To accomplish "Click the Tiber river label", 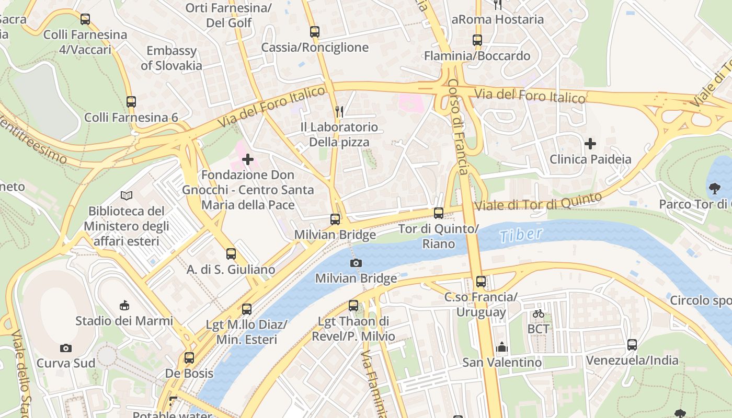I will [x=521, y=235].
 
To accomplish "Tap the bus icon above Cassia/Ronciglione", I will [x=314, y=31].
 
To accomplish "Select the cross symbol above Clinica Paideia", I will [x=590, y=143].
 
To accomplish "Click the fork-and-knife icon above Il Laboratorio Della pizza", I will [x=339, y=111].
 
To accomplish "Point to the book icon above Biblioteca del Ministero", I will [x=126, y=195].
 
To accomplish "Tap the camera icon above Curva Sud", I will [x=66, y=348].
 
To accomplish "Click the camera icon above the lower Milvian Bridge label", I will [x=356, y=263].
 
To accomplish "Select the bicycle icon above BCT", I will [x=539, y=313].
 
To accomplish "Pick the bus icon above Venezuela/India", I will [x=632, y=344].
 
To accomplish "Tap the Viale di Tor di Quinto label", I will [x=538, y=202].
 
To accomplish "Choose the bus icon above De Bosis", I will [x=189, y=358].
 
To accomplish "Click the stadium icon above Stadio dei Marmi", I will [x=124, y=305].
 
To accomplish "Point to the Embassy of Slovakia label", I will [x=171, y=58].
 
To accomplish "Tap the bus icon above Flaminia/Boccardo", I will [x=477, y=40].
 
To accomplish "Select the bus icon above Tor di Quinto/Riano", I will [x=439, y=213].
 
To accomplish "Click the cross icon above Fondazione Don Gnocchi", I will [x=248, y=159].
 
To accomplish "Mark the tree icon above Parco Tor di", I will [x=714, y=188].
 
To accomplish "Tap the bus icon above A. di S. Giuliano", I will [x=231, y=254].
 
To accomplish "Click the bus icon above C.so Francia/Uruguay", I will [x=481, y=282].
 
